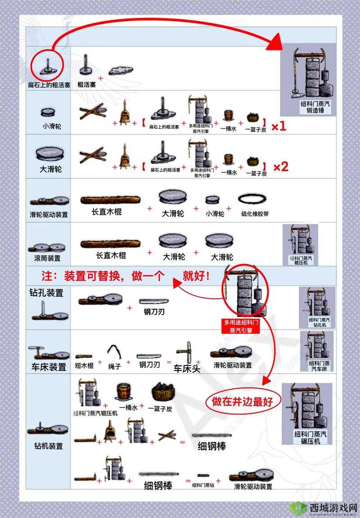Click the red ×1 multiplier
279,126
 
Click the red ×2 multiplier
280,167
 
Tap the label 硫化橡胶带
255,214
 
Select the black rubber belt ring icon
253,198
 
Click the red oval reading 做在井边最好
243,402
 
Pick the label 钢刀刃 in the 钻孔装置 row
154,311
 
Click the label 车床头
187,368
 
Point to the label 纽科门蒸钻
203,485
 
